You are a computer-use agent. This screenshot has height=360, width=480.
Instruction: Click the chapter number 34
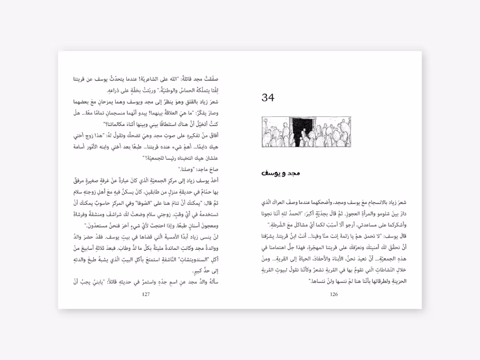tap(268, 97)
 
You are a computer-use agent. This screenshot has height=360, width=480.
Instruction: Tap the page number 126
tap(334, 295)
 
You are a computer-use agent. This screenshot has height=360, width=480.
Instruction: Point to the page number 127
tap(146, 295)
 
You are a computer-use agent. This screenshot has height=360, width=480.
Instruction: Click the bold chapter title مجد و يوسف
tap(281, 173)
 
